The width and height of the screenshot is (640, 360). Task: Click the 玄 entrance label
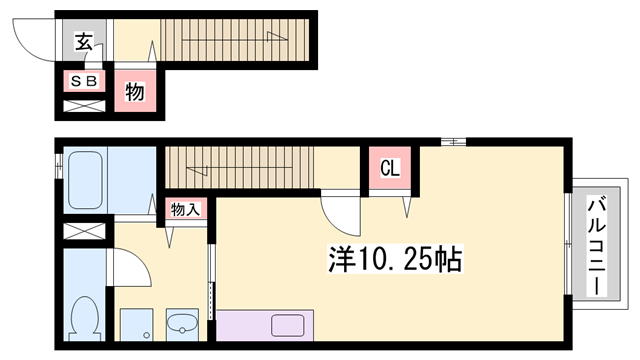pyautogui.click(x=84, y=43)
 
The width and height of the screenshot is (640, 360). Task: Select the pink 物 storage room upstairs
pyautogui.click(x=135, y=92)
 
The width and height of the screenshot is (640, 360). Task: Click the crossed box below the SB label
pyautogui.click(x=84, y=106)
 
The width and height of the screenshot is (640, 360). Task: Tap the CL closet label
pyautogui.click(x=390, y=168)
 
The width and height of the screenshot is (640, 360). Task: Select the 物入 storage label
pyautogui.click(x=185, y=209)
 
